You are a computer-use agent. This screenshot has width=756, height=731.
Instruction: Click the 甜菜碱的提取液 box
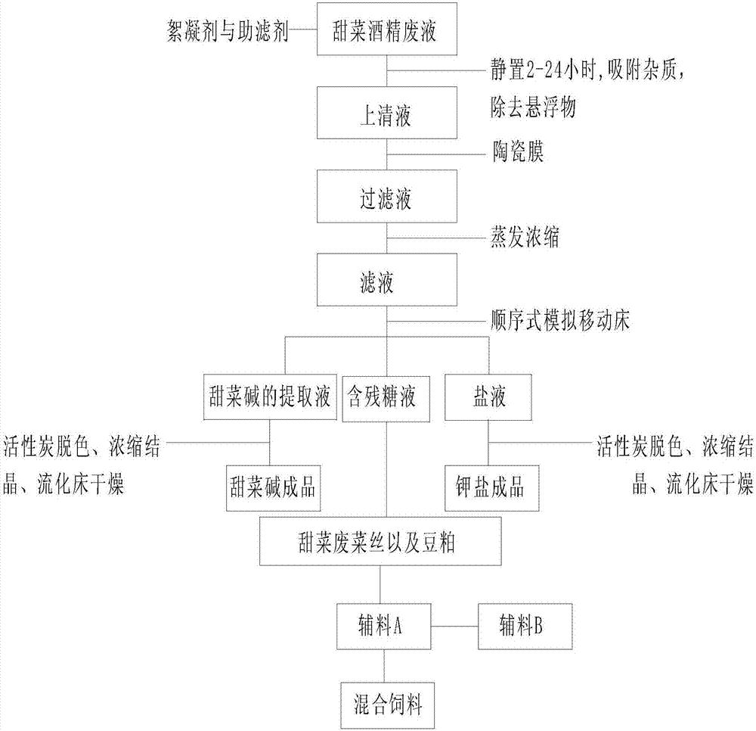point(270,396)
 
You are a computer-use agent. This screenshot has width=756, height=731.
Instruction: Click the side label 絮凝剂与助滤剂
point(227,33)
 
